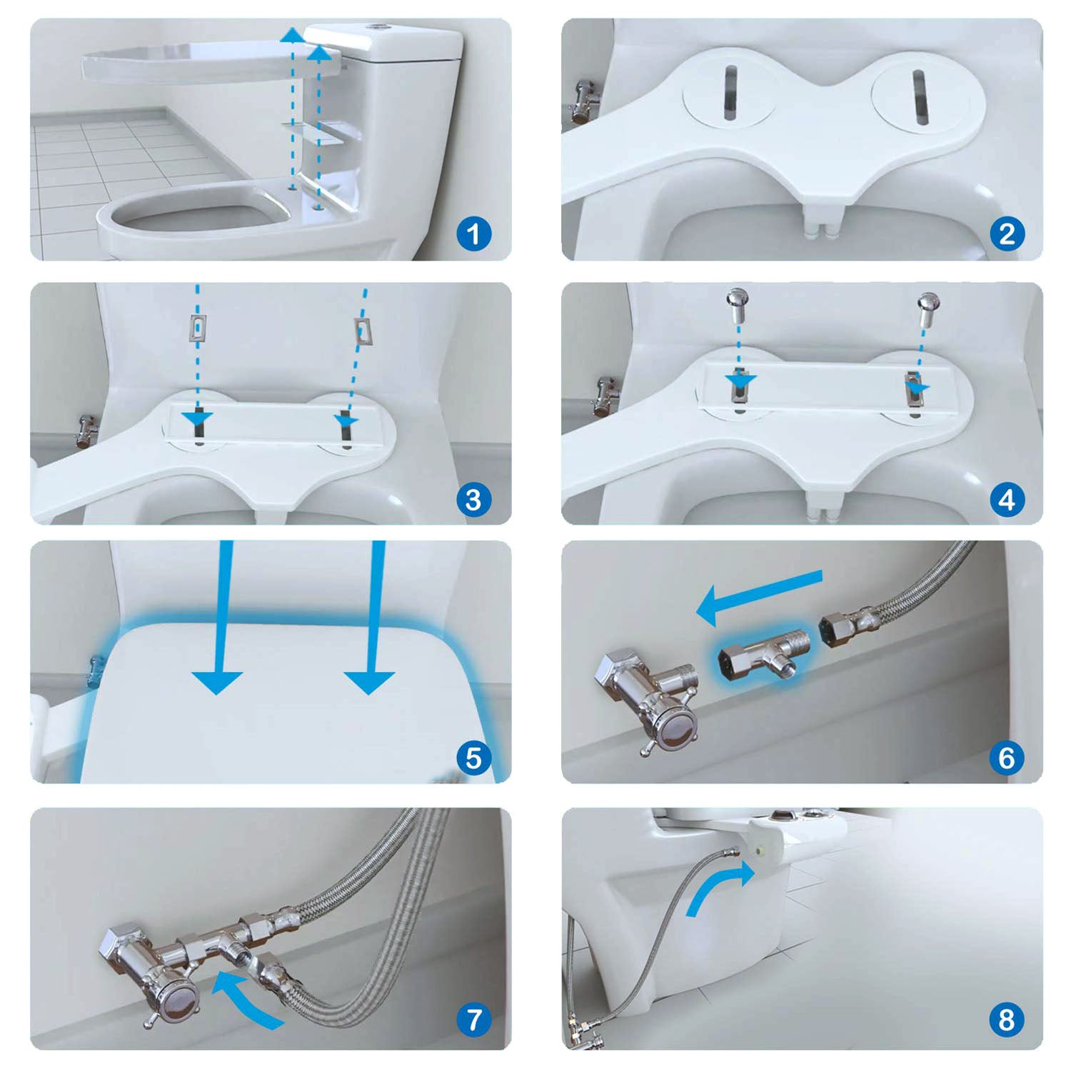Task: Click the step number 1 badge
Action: click(x=473, y=233)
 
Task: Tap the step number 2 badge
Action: click(x=1007, y=233)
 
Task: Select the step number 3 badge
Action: click(x=473, y=499)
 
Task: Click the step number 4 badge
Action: click(x=1007, y=499)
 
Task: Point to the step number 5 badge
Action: click(x=473, y=758)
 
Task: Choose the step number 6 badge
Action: click(x=1007, y=758)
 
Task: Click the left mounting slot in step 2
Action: click(x=729, y=93)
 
